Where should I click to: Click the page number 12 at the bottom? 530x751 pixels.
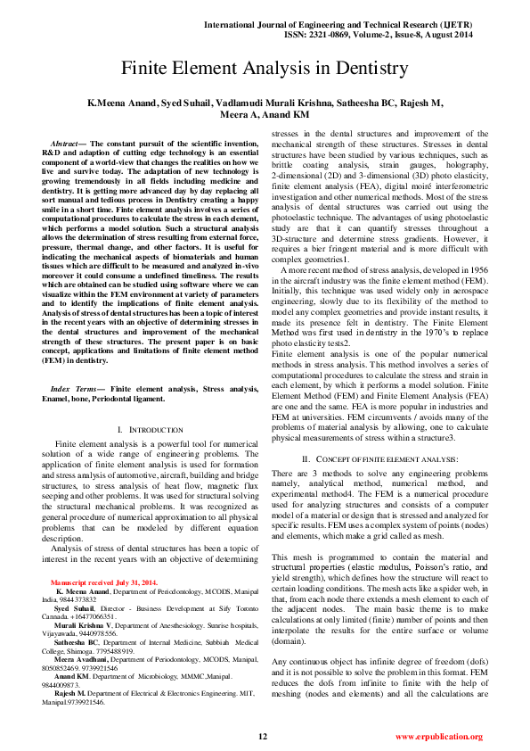(263, 737)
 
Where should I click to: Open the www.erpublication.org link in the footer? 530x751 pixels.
(438, 737)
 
